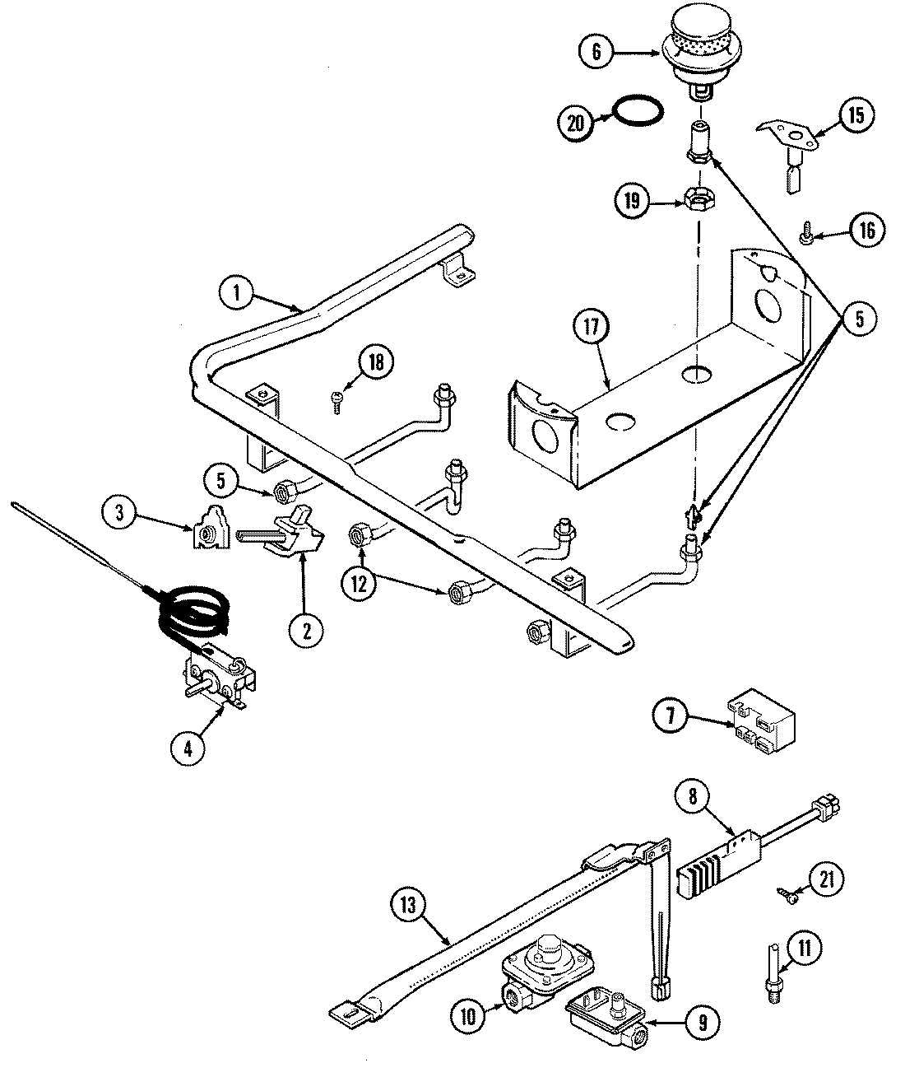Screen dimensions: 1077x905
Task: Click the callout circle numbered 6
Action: click(x=596, y=53)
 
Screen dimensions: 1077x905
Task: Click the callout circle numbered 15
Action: click(x=856, y=115)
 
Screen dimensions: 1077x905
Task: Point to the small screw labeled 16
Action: click(x=806, y=237)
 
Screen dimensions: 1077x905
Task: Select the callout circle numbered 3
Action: click(x=121, y=513)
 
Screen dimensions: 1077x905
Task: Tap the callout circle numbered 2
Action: click(x=306, y=631)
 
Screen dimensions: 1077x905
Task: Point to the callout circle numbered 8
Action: click(x=692, y=797)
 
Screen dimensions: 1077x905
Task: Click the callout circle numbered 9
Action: click(x=702, y=1022)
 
